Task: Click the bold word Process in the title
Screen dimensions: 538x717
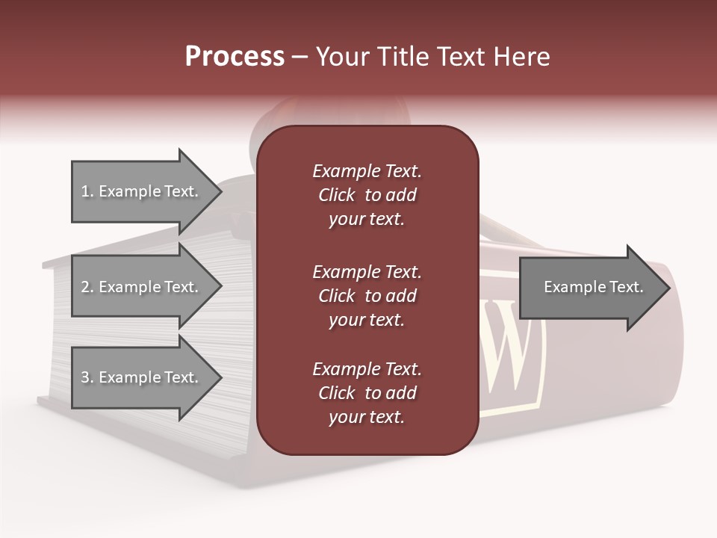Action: [x=235, y=57]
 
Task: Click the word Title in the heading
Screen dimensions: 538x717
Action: [x=405, y=57]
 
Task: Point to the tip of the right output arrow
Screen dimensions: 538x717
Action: [x=668, y=288]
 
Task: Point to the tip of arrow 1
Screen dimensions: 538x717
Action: [x=220, y=191]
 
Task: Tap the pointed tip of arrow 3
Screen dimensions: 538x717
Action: [x=220, y=377]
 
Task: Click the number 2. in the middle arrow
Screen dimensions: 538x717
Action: [x=87, y=287]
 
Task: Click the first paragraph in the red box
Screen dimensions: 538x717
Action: [x=367, y=195]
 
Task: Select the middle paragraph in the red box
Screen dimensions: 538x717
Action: [x=367, y=296]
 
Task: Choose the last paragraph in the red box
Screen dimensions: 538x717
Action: [x=367, y=393]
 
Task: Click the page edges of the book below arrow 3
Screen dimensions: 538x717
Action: [x=149, y=430]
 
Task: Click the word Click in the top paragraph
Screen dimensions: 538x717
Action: [x=336, y=195]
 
